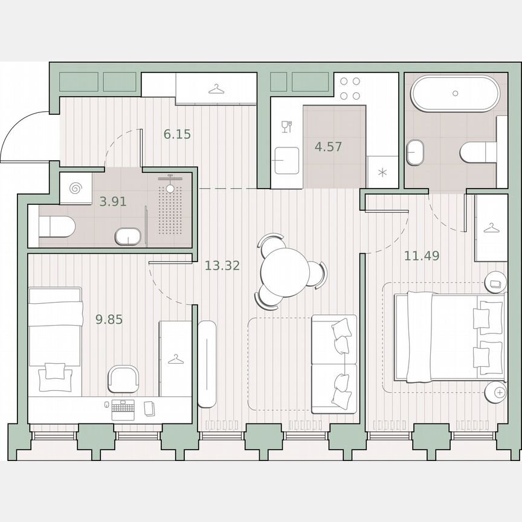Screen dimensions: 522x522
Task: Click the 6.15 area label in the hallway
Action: [x=177, y=134]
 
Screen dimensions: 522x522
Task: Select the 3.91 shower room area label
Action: [x=113, y=202]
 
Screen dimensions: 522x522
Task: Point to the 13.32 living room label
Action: [x=222, y=265]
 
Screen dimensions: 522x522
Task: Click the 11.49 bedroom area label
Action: [x=421, y=256]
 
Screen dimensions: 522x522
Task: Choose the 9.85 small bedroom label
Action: [x=109, y=320]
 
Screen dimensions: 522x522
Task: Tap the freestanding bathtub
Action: [x=455, y=94]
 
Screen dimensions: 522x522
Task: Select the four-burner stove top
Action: [x=349, y=88]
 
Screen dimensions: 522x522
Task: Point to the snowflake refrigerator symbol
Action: [x=381, y=173]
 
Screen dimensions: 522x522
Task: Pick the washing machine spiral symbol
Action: [x=76, y=188]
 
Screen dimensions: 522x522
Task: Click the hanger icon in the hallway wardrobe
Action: [x=216, y=89]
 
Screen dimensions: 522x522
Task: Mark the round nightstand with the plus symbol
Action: [x=499, y=392]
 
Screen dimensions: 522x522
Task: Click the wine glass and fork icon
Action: [x=286, y=126]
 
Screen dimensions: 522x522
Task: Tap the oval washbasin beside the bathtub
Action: [x=415, y=153]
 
